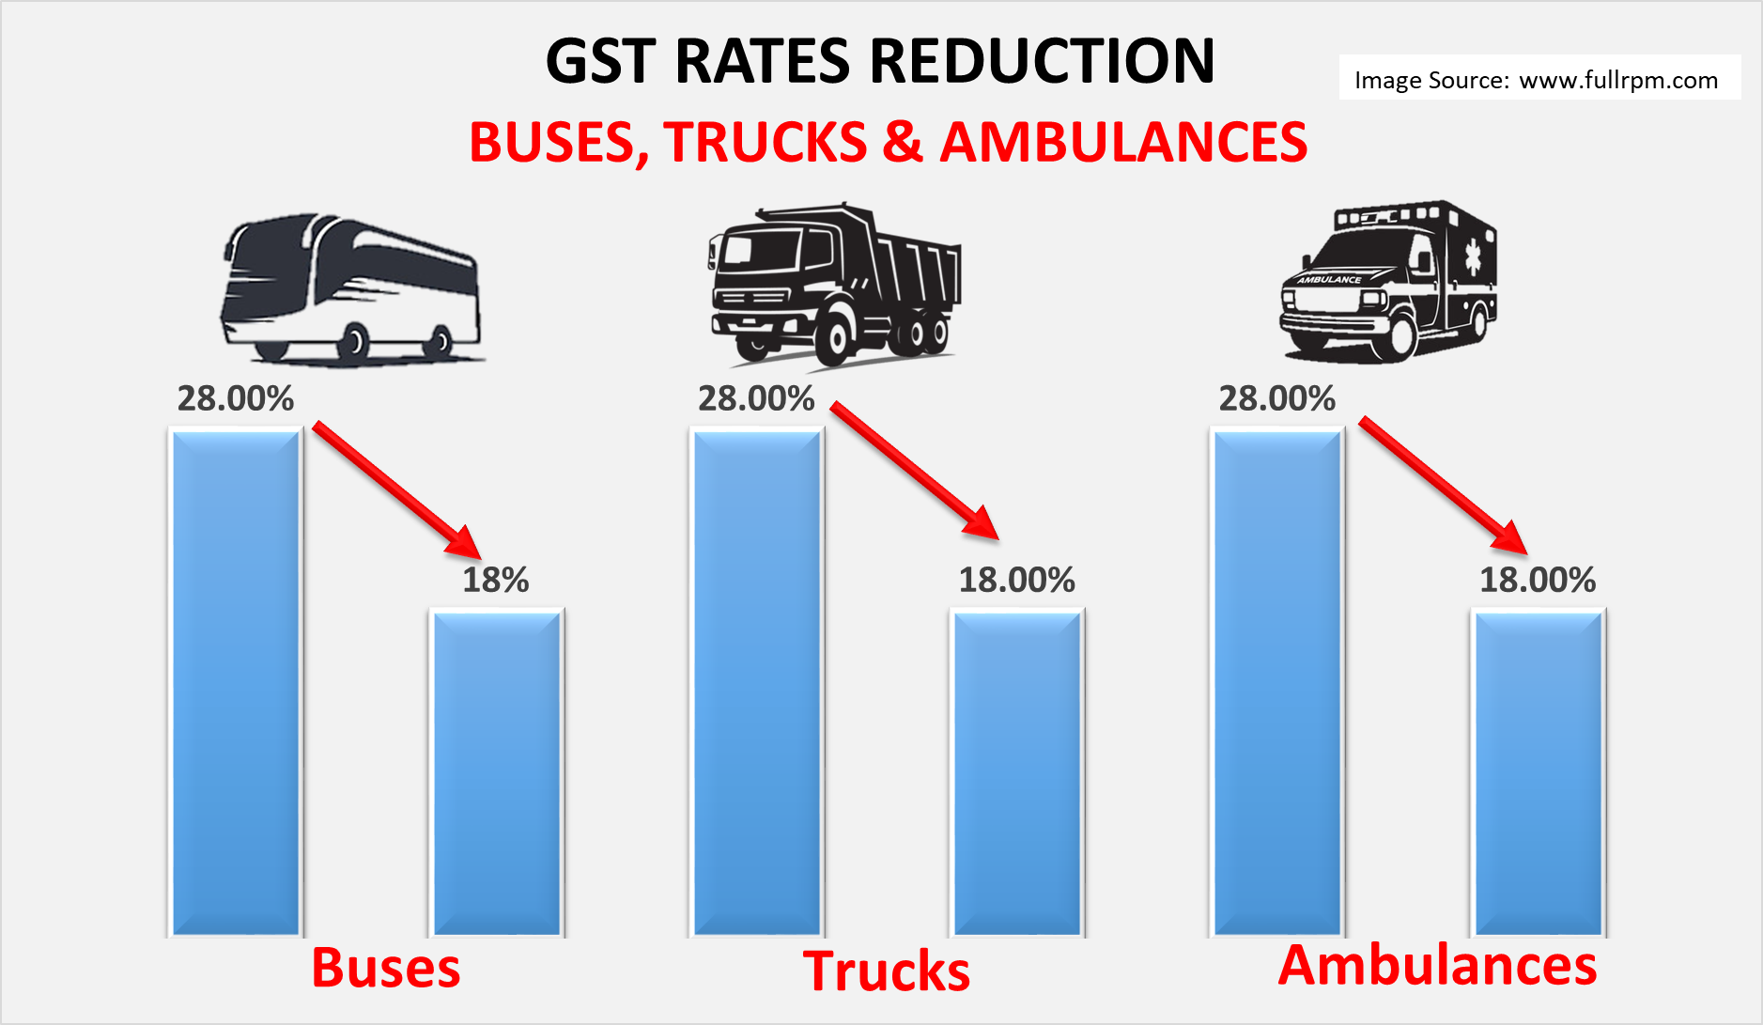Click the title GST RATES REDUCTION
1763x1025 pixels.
coord(880,61)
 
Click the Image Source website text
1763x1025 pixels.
coord(1537,80)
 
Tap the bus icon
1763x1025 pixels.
coord(350,288)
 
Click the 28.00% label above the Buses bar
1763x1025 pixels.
coord(236,398)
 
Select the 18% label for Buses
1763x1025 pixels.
coord(496,580)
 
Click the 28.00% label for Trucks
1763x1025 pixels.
coord(756,398)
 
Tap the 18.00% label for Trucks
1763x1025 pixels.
coord(1016,580)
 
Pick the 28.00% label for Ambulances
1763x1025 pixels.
coord(1277,398)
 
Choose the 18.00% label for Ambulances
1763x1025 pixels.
coord(1538,580)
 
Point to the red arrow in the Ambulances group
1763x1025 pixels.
coord(1443,484)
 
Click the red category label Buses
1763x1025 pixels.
coord(386,968)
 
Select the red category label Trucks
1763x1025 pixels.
coord(887,971)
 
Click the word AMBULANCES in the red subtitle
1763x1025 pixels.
coord(1123,143)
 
